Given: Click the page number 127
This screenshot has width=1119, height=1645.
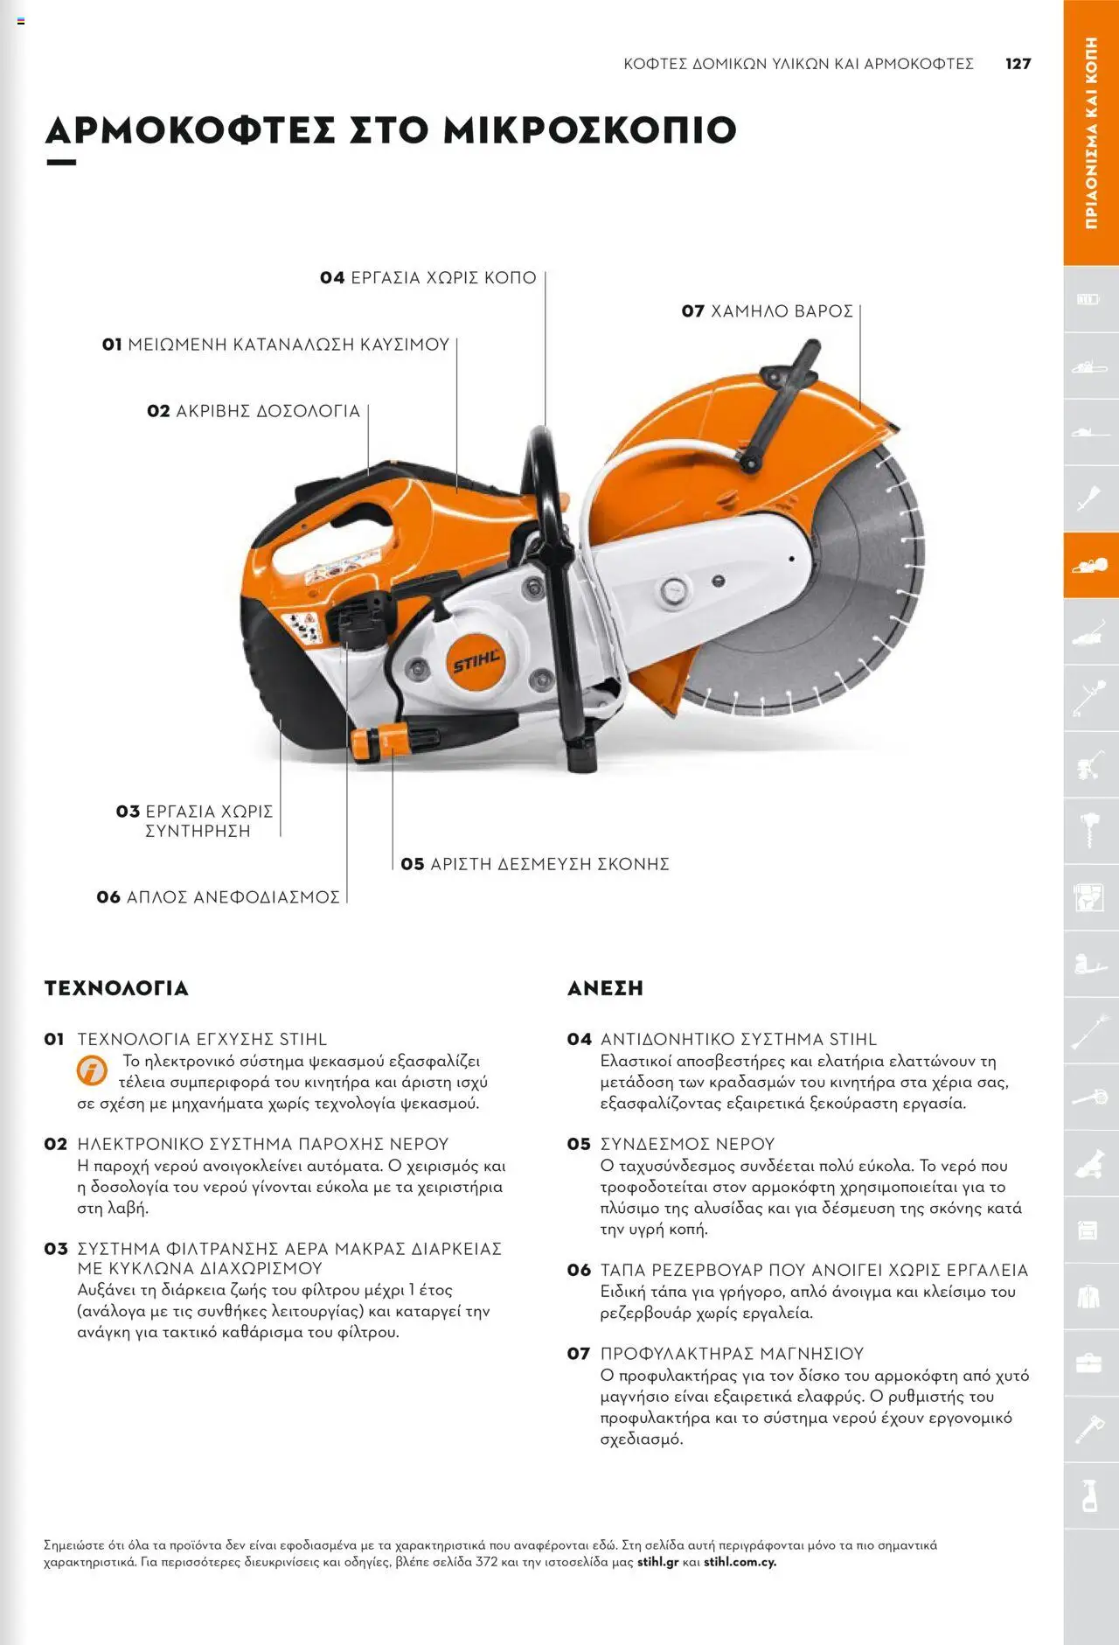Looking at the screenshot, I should (1018, 64).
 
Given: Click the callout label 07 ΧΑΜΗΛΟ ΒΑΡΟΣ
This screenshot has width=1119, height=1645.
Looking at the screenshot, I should (767, 311).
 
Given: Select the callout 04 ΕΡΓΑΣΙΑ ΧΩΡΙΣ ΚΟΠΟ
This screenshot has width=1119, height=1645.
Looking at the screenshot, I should (428, 278).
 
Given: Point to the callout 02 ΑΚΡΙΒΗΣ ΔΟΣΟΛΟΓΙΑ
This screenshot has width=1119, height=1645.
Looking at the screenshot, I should (254, 411).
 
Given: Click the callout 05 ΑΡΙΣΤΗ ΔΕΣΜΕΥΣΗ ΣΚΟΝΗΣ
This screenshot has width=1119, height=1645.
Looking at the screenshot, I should (535, 864).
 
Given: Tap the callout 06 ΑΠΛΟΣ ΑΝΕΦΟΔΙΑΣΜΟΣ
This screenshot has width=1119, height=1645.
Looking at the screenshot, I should (219, 897).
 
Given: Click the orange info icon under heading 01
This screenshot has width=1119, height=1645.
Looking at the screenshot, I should (92, 1070).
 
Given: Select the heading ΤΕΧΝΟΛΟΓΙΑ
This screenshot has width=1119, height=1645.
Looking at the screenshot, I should (116, 988).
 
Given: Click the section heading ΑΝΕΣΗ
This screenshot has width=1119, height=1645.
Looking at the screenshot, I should (605, 988).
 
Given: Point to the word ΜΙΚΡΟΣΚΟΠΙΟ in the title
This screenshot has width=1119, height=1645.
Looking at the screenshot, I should (590, 130).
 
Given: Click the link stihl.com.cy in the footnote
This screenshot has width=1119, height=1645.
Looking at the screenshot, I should (740, 1562).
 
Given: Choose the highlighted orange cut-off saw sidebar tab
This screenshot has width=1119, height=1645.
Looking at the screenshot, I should (1090, 565).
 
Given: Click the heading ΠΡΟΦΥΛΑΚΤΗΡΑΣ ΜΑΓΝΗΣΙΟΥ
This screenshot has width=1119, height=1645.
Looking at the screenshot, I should (731, 1354).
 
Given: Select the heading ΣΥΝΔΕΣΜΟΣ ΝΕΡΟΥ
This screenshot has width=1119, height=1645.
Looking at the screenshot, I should (687, 1144).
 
